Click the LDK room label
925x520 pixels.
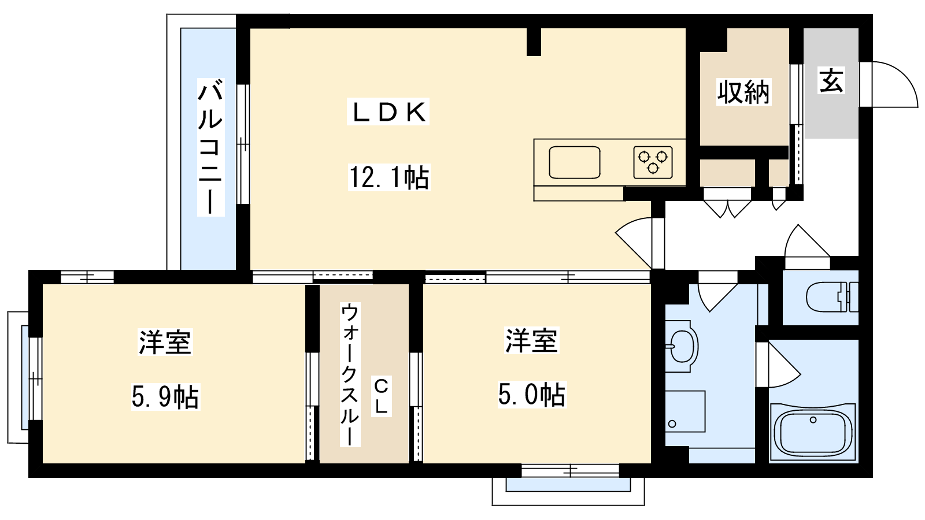tap(388, 112)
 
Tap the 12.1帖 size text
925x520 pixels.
tap(389, 177)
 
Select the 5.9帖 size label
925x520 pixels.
tap(165, 396)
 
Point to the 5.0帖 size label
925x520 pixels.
tap(532, 394)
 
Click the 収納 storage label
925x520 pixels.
tap(743, 92)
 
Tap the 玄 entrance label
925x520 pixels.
tap(831, 80)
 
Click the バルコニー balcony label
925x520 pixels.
tap(210, 147)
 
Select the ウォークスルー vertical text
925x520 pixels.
tap(350, 374)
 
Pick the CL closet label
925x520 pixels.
tap(381, 396)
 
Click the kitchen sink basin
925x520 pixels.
tap(575, 162)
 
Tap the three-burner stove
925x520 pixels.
tap(653, 162)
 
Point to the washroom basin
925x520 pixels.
tap(682, 346)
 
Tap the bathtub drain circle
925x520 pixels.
tap(813, 419)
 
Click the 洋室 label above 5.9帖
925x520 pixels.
tap(165, 342)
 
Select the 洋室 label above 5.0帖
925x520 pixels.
tap(532, 340)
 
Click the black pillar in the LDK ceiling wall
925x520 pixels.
tap(534, 41)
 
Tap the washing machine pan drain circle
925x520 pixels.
tap(672, 424)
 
